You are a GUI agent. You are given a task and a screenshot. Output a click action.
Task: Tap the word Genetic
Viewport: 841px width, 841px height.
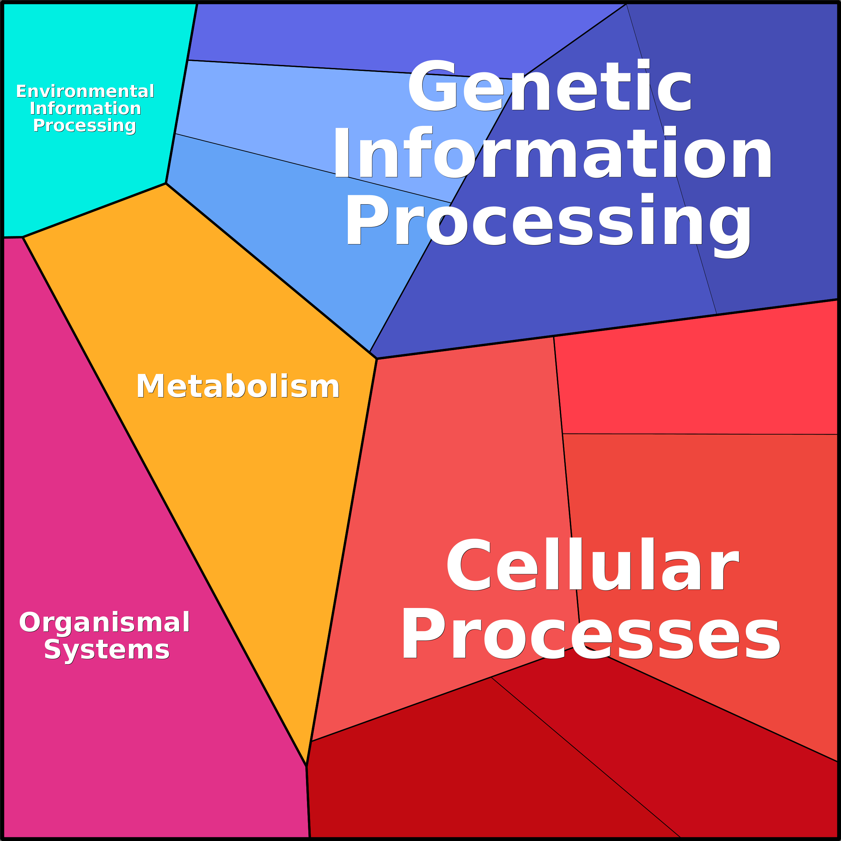tap(549, 85)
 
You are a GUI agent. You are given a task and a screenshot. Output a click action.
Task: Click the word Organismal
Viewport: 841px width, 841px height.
tap(104, 622)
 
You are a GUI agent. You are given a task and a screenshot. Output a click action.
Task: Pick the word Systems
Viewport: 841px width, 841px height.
tap(107, 650)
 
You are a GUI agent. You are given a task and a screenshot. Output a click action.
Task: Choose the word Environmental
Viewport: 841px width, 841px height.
tap(85, 91)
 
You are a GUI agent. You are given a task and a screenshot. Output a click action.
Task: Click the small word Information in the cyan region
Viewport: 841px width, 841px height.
tap(85, 108)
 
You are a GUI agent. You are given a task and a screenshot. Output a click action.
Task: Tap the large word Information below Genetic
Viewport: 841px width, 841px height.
tap(552, 153)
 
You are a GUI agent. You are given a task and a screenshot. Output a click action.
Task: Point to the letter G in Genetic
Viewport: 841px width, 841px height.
tap(432, 85)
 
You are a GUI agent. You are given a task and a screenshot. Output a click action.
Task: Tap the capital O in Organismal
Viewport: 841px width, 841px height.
tap(29, 622)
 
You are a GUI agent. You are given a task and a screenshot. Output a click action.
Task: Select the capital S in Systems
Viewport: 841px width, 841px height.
tap(53, 650)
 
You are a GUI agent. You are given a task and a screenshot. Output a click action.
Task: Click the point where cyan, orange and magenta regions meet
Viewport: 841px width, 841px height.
tap(23, 237)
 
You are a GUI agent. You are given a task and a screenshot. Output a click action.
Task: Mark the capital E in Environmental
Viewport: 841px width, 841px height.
tap(22, 91)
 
